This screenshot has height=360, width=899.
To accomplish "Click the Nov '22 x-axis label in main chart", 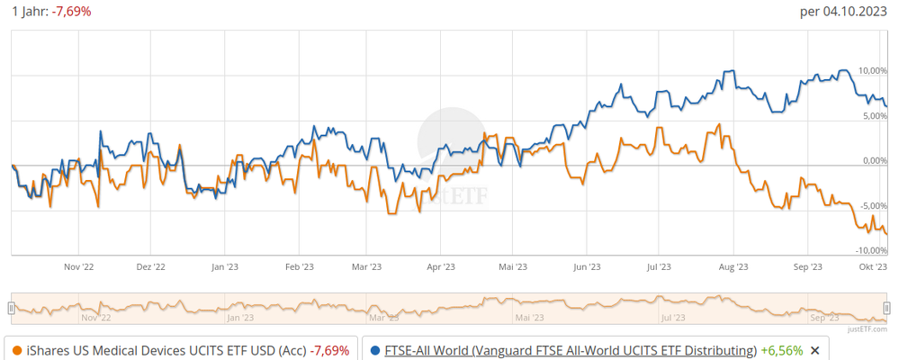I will point(79,266).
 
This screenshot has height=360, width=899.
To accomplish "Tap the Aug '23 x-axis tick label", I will point(733,266).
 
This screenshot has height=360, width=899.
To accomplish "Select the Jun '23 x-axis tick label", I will point(587,266).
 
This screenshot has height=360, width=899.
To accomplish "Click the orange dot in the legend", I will point(18,350).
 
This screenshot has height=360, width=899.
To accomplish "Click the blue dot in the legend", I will point(374,350).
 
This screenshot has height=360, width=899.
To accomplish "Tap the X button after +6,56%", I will point(814,350).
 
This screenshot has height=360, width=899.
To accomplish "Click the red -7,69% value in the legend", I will point(328,350).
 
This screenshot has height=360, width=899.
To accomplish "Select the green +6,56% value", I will point(780,350).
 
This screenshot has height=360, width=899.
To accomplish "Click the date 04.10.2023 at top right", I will point(859,12).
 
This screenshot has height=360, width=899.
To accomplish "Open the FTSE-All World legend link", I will point(571,350).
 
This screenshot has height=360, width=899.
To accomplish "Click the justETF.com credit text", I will point(868,330).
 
